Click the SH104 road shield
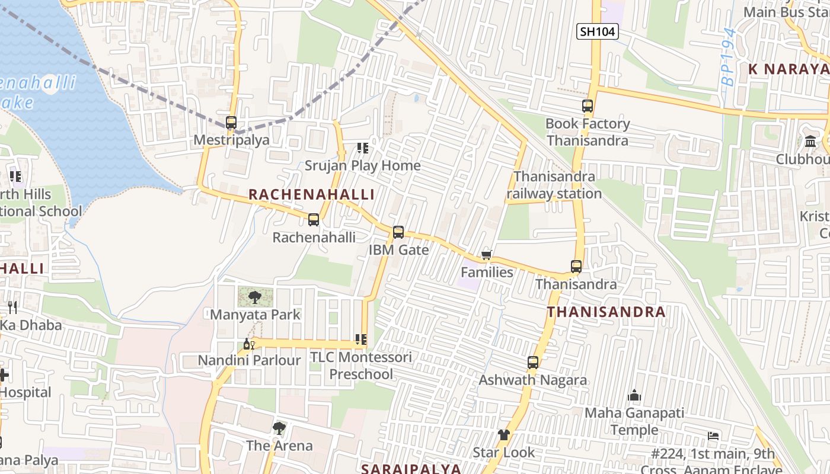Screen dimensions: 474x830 pos(598,31)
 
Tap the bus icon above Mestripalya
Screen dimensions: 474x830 pos(231,123)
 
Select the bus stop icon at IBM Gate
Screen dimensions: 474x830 pos(398,232)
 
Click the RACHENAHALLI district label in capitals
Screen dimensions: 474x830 pos(311,195)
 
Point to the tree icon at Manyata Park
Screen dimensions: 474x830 pos(255,297)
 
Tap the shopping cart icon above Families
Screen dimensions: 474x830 pos(486,255)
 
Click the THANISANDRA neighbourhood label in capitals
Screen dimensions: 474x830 pos(606,312)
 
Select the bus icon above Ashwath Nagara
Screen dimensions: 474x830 pos(533,363)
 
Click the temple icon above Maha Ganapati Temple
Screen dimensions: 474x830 pos(634,395)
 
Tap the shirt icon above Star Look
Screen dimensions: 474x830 pos(504,435)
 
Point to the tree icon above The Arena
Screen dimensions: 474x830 pos(279,428)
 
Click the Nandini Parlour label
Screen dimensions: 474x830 pos(249,360)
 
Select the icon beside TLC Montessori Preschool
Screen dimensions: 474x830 pos(360,340)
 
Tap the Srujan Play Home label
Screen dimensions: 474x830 pos(362,165)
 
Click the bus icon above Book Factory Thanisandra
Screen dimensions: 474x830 pos(588,107)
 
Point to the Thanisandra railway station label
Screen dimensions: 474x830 pos(554,185)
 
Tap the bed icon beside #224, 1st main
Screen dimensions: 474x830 pos(713,437)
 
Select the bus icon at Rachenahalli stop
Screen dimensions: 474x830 pos(314,220)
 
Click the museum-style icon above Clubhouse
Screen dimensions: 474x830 pos(810,142)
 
